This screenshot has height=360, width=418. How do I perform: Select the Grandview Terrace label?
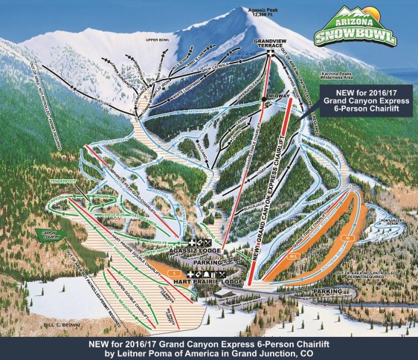tap(270, 42)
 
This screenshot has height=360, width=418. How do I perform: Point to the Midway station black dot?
tap(264, 99)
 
